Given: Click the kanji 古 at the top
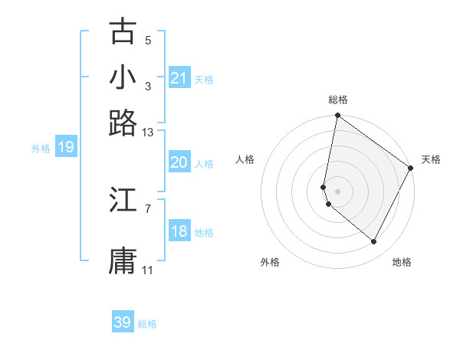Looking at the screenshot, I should [x=123, y=31].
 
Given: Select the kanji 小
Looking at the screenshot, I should [x=123, y=77].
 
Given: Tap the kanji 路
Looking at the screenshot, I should [x=123, y=123].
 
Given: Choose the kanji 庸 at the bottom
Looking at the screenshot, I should [x=123, y=260].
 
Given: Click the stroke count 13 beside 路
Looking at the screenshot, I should [x=148, y=133].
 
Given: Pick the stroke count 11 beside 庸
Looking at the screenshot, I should [x=148, y=270].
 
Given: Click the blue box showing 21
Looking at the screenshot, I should [x=179, y=78].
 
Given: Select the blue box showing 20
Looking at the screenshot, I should [x=179, y=162].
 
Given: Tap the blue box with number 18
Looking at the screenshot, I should [x=179, y=231].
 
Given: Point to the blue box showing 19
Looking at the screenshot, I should [x=65, y=148].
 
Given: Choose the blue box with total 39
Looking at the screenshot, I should [x=123, y=322].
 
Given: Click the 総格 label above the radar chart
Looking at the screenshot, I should [x=338, y=100].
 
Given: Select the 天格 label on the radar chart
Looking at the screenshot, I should [x=431, y=159].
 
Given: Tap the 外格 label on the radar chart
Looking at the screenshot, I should [x=270, y=262].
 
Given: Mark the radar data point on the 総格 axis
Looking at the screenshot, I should [x=337, y=117].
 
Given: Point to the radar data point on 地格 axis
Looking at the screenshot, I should [x=374, y=242].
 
